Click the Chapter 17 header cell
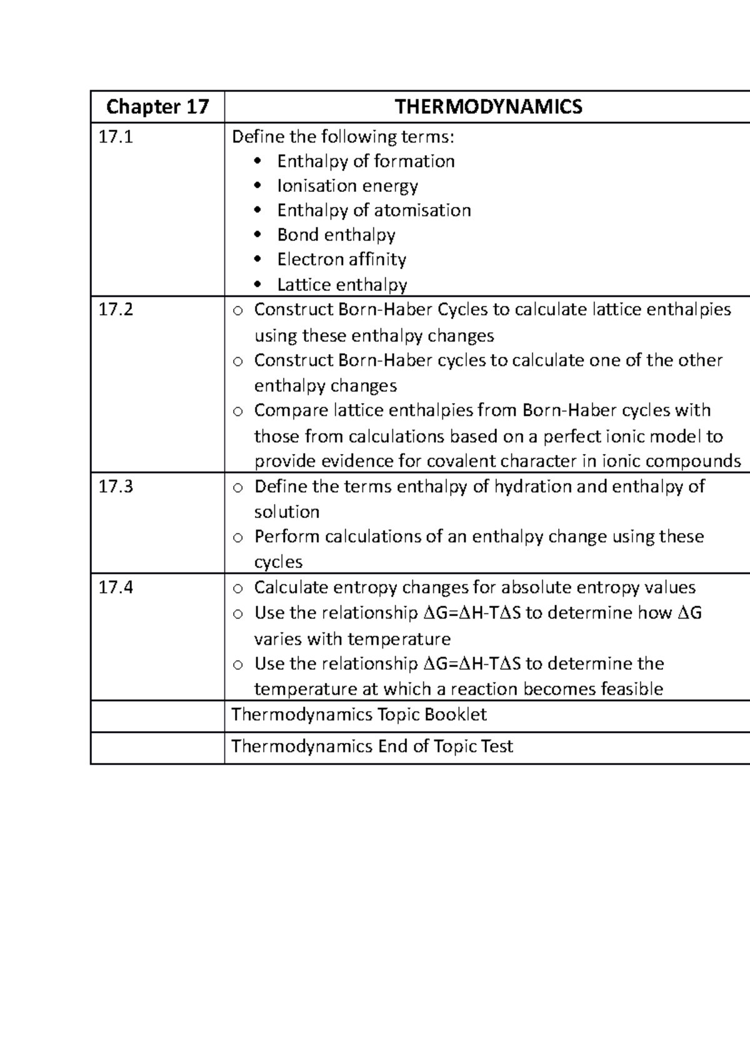tap(157, 107)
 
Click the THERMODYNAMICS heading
tap(488, 107)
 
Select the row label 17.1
tap(116, 137)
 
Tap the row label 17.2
tap(116, 310)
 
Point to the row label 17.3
tap(116, 487)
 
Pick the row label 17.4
tap(116, 587)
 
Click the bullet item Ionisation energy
tap(347, 186)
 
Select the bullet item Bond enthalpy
tap(336, 235)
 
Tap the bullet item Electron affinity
tap(341, 260)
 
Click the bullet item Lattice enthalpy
tap(342, 285)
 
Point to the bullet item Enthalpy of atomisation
tap(374, 211)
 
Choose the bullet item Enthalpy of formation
tap(366, 161)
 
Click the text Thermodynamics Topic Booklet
tap(359, 715)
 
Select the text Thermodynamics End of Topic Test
tap(372, 746)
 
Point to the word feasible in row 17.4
tap(631, 689)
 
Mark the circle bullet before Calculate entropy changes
tap(237, 589)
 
